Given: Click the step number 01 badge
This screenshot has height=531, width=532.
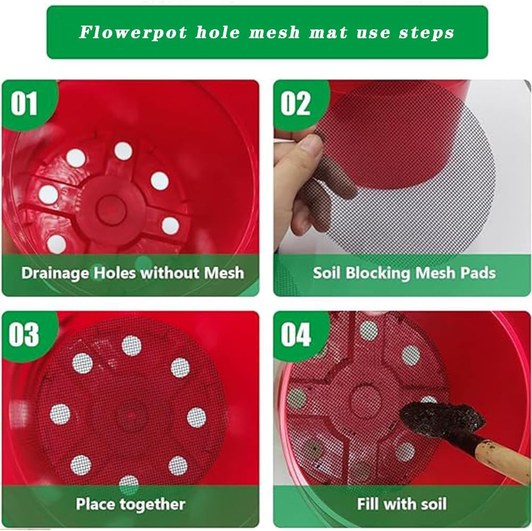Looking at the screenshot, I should pos(24,104).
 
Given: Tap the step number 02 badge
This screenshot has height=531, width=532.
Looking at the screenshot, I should pos(296,104).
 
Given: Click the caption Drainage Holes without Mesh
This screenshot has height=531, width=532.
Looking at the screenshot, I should pos(132,273).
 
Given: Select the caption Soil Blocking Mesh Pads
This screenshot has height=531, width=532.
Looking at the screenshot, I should pos(404,273).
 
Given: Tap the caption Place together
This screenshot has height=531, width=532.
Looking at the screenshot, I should pos(130,503).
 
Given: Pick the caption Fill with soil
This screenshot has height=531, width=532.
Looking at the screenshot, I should pos(402,503).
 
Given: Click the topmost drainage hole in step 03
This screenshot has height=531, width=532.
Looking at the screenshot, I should pos(131,346).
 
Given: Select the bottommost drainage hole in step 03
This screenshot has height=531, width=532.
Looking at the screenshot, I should pos(129,484).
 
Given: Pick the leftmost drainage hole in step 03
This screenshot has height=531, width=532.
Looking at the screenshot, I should pos(60,414).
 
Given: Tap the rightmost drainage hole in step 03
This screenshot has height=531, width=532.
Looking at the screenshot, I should pos(196,418).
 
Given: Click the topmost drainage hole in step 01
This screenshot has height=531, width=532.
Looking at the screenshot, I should pos(123,151).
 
